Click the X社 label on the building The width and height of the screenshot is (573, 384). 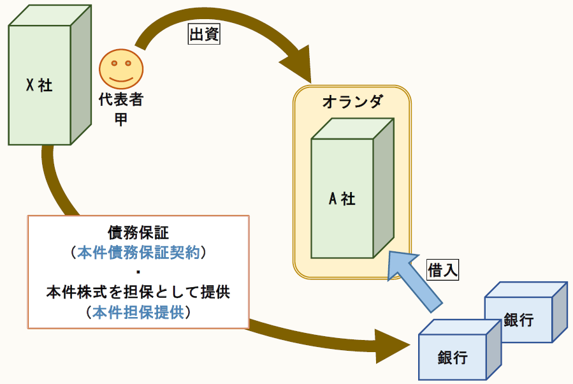[40, 85]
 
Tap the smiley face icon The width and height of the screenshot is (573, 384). [120, 69]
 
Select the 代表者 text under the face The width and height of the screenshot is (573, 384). [120, 100]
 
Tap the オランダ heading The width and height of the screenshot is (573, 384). [352, 101]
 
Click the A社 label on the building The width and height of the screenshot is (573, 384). [342, 199]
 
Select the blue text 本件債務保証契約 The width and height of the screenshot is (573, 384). [138, 253]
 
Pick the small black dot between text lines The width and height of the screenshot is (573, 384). [138, 273]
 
